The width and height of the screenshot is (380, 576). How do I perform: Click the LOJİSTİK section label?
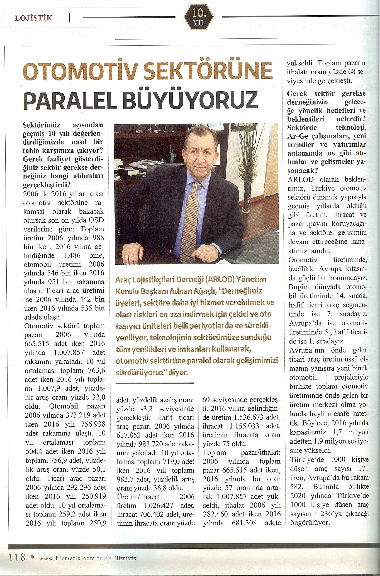click(x=33, y=18)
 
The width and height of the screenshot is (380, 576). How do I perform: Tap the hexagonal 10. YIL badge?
click(x=199, y=18)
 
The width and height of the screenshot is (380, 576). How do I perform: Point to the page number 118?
click(x=17, y=557)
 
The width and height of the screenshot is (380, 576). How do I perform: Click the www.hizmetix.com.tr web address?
click(x=70, y=558)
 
